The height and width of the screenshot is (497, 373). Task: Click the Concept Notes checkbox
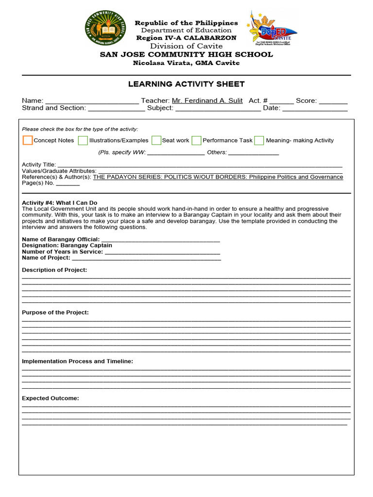click(28, 140)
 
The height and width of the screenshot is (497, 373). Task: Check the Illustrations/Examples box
click(83, 140)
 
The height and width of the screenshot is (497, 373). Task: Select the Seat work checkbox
click(156, 140)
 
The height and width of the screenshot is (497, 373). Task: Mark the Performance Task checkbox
click(196, 140)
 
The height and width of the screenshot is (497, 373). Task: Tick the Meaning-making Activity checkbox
click(259, 140)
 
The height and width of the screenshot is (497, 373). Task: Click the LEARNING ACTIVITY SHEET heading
click(186, 84)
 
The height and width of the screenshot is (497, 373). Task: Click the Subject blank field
click(218, 108)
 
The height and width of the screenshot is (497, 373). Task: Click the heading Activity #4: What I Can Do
click(60, 202)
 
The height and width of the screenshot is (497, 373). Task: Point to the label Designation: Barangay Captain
click(67, 245)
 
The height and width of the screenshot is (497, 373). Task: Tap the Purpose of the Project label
click(55, 312)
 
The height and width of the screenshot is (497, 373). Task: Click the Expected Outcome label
click(51, 398)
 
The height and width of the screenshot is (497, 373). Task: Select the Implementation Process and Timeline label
click(77, 361)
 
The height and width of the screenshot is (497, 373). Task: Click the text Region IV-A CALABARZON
click(186, 38)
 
